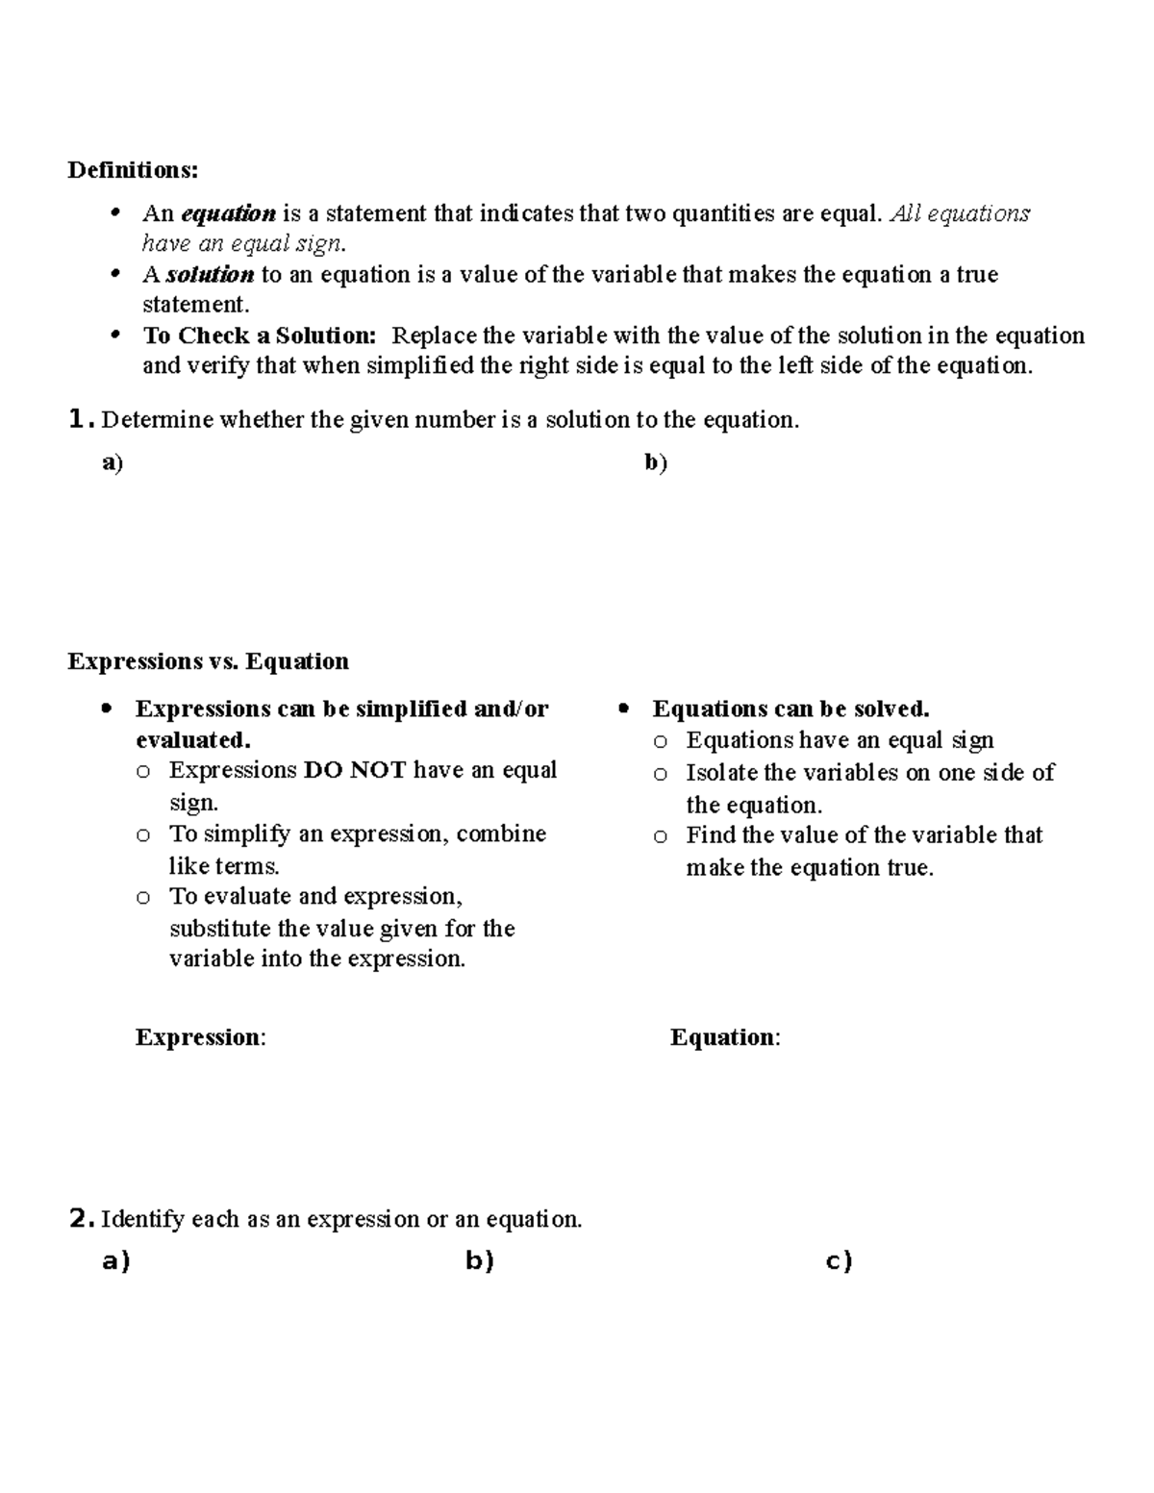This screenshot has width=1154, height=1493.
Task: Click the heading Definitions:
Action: pos(133,170)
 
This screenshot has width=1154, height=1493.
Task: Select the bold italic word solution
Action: pos(210,275)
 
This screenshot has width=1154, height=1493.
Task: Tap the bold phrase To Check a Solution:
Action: pos(259,336)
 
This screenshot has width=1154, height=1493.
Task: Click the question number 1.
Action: pos(81,419)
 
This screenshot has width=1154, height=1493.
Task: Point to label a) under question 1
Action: pos(113,463)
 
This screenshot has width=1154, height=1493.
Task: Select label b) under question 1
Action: pos(656,463)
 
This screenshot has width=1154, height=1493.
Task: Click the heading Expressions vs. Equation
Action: pos(208,661)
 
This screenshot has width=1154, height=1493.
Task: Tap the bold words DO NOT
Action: pos(355,770)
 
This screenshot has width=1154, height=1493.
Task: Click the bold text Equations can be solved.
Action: pos(790,709)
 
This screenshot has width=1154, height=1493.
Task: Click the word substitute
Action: pos(219,929)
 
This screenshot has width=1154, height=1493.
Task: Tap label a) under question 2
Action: pos(115,1260)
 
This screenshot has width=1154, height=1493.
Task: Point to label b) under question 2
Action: pos(479,1260)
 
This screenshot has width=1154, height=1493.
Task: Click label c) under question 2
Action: pos(839,1260)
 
